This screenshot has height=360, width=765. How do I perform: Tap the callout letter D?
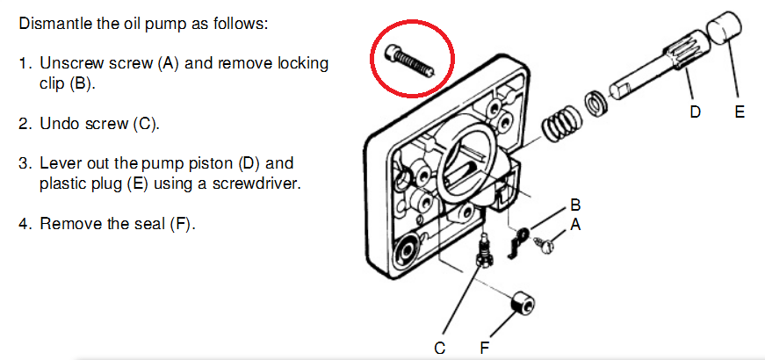click(x=695, y=112)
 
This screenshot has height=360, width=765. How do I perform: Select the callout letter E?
click(x=740, y=112)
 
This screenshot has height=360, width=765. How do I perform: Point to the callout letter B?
click(x=575, y=205)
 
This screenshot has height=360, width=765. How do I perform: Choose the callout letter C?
click(x=439, y=349)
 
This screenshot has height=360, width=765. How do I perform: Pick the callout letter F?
click(x=484, y=349)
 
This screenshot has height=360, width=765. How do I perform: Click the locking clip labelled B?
click(x=520, y=239)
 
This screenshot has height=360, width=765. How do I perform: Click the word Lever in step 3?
click(x=59, y=164)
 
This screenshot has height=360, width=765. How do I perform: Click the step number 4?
click(x=24, y=224)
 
